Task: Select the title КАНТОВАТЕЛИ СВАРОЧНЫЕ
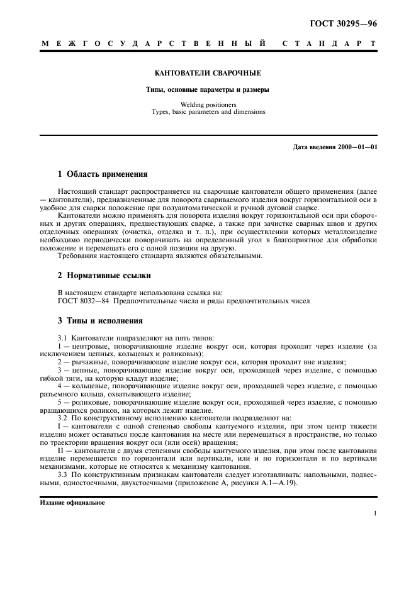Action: click(208, 74)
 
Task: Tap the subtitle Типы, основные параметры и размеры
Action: click(208, 90)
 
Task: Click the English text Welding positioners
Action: click(208, 105)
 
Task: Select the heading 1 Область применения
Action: click(103, 174)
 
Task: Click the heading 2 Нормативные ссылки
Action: click(103, 276)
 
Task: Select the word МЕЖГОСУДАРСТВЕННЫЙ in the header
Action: click(153, 45)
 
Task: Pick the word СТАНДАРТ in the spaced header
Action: click(329, 45)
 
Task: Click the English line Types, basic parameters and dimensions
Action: click(208, 112)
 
